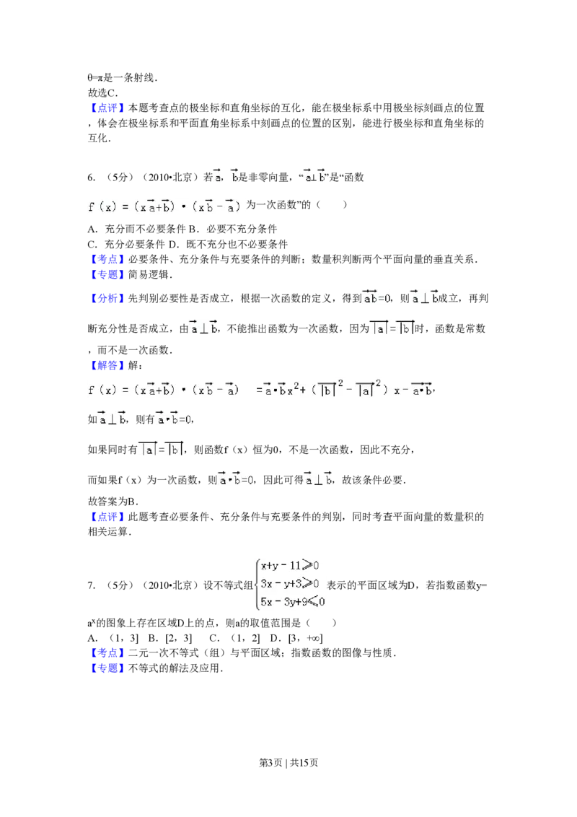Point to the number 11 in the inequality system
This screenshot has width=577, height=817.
pyautogui.click(x=296, y=567)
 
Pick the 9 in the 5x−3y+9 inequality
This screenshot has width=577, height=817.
pyautogui.click(x=305, y=601)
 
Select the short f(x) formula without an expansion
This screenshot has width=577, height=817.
pyautogui.click(x=167, y=207)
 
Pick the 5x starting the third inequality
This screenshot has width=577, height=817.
pyautogui.click(x=265, y=601)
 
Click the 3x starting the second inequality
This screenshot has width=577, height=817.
pyautogui.click(x=265, y=584)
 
